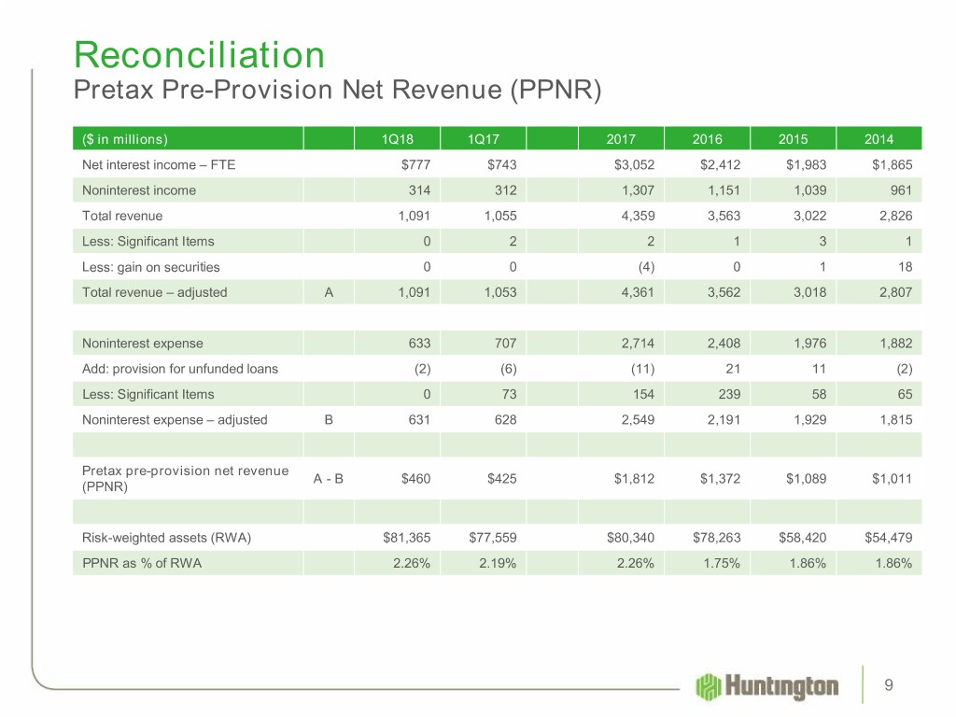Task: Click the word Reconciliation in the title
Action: pos(200,55)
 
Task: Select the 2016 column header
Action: pos(707,140)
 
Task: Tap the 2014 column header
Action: pos(879,140)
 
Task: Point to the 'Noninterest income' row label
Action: pos(138,190)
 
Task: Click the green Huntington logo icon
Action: pos(708,687)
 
